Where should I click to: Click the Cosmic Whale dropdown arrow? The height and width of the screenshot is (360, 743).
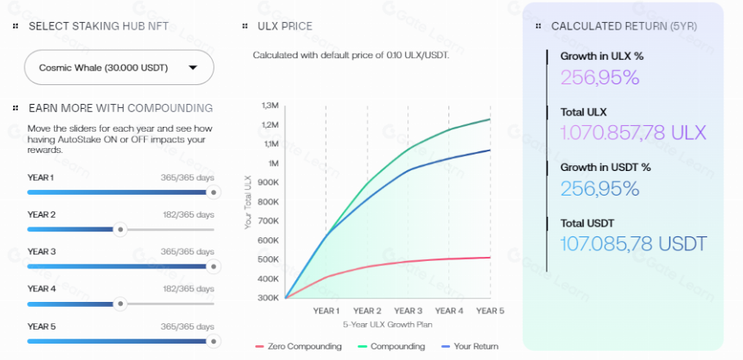193,68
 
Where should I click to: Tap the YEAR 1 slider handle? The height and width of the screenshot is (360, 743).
213,192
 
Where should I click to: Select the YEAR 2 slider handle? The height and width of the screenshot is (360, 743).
120,229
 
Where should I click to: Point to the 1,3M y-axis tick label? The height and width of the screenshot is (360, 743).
270,106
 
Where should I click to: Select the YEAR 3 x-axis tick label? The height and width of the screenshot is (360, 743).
408,311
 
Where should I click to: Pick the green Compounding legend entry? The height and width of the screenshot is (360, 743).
392,346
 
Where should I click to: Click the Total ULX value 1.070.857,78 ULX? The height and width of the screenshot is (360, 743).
633,133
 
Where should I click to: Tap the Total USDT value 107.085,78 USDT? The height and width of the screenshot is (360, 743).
633,244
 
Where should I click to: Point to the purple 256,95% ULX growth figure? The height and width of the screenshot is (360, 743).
600,77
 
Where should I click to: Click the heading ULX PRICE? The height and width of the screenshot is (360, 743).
285,26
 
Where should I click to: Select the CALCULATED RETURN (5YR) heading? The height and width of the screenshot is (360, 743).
624,26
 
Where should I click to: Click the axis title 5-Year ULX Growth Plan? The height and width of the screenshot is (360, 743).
388,324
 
